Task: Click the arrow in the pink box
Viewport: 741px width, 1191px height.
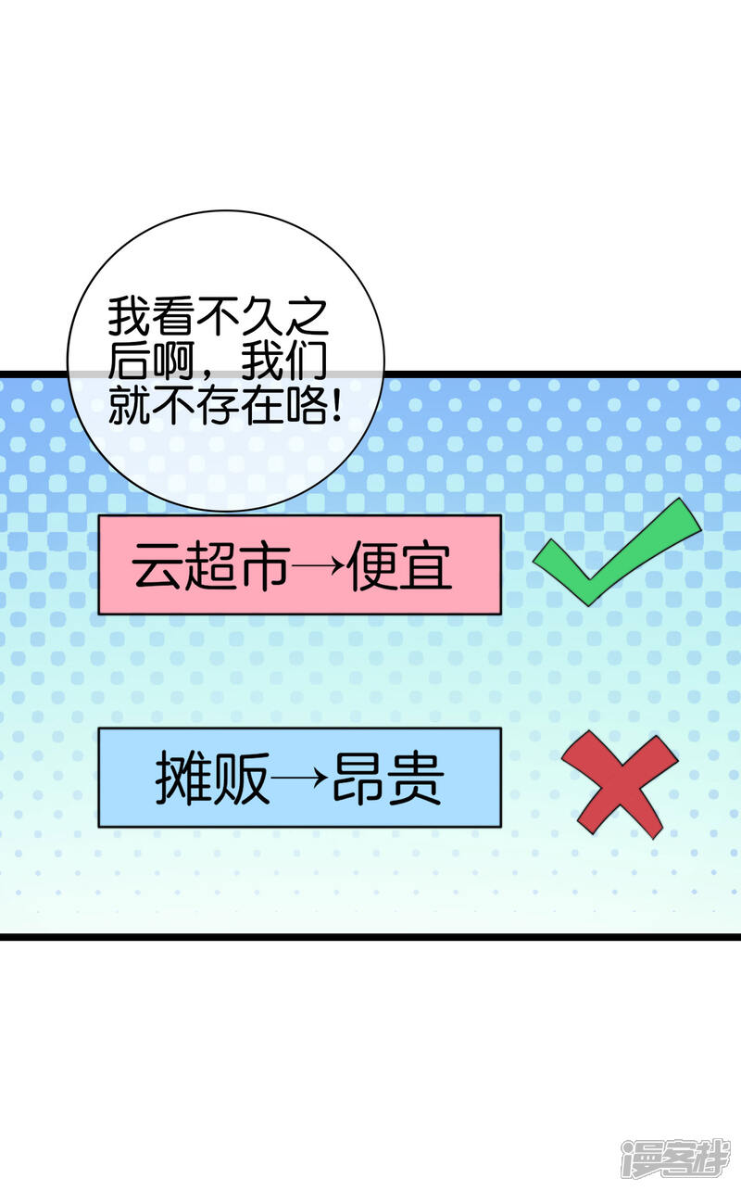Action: click(x=318, y=567)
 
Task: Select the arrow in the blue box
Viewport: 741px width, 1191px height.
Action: click(x=300, y=779)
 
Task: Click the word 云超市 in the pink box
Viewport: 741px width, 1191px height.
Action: click(x=210, y=566)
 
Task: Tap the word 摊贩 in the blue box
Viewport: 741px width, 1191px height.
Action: click(x=212, y=779)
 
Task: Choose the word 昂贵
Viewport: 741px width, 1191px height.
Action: click(x=387, y=779)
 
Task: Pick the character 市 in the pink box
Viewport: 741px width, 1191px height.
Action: click(x=264, y=566)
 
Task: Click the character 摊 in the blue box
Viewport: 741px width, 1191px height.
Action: click(x=182, y=779)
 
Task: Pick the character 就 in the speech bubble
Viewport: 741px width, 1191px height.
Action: click(x=127, y=407)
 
